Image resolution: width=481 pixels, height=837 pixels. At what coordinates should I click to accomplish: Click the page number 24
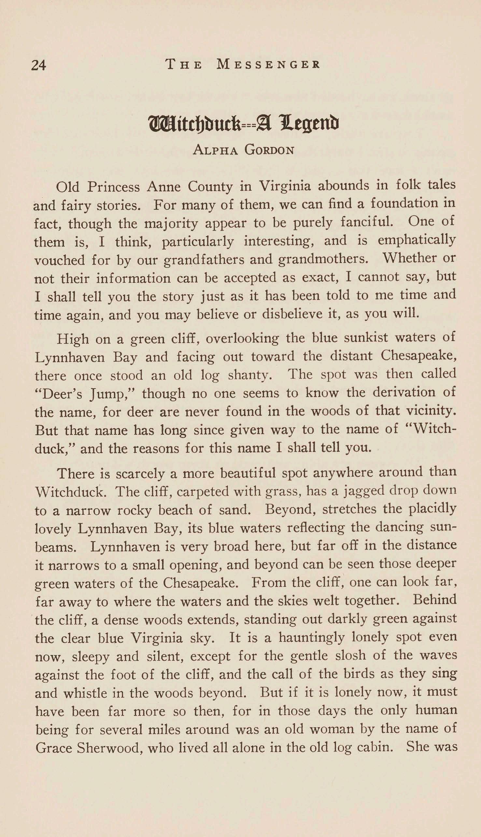click(x=39, y=65)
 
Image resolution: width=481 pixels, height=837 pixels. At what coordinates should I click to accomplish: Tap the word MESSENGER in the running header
click(x=268, y=64)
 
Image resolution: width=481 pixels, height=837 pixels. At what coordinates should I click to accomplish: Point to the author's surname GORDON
click(x=269, y=150)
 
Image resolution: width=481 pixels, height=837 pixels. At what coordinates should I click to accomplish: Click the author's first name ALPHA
click(x=215, y=150)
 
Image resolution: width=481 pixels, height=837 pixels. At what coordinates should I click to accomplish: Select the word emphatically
click(x=417, y=240)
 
